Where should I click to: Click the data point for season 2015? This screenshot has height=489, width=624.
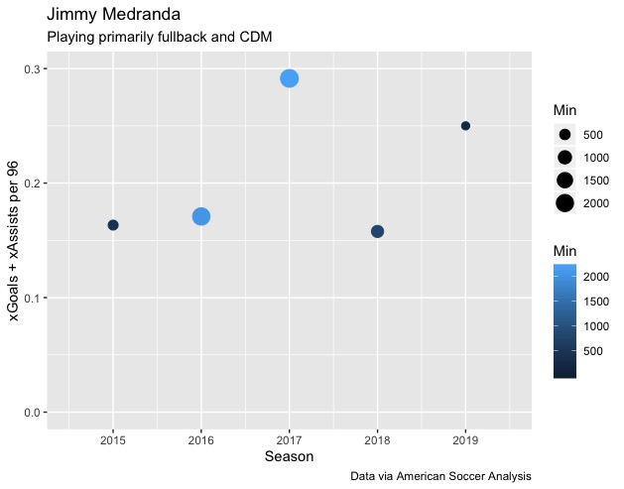click(x=113, y=225)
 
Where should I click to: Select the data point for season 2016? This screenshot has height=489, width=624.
click(x=201, y=216)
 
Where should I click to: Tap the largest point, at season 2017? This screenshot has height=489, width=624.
click(x=290, y=78)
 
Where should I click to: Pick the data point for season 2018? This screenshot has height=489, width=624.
click(x=377, y=231)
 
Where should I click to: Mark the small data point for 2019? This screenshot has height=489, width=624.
click(x=465, y=126)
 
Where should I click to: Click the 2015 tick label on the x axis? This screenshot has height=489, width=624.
click(x=113, y=438)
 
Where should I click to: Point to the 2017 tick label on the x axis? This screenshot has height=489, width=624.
click(x=290, y=438)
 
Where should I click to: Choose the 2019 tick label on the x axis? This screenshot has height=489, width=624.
click(x=465, y=438)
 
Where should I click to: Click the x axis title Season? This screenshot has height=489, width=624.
click(x=289, y=456)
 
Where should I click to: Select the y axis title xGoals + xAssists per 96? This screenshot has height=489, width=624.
click(x=14, y=241)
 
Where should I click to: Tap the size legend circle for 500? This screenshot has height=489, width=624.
click(x=565, y=134)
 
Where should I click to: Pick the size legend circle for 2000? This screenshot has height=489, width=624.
click(x=565, y=203)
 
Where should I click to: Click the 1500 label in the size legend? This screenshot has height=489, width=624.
click(x=596, y=181)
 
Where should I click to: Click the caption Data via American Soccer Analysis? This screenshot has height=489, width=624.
click(x=441, y=476)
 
